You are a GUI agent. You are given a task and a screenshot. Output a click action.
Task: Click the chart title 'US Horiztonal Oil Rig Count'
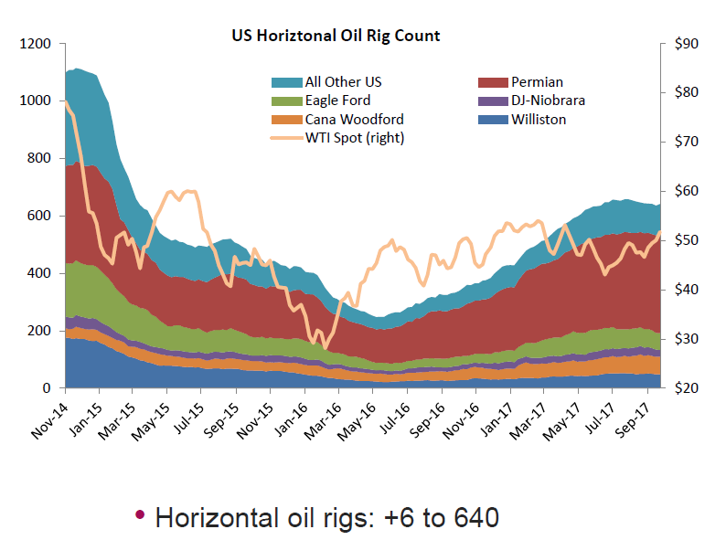pos(335,37)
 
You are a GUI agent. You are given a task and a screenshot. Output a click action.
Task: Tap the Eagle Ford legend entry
pos(338,101)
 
